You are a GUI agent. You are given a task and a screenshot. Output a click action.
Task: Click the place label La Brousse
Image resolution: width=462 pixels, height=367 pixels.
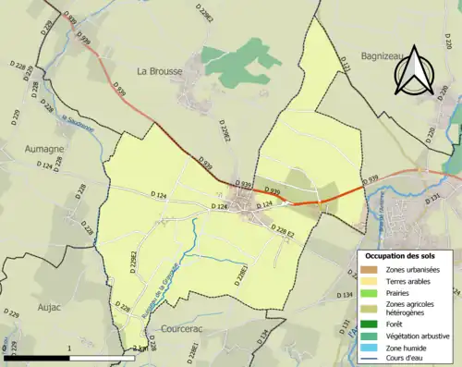160,70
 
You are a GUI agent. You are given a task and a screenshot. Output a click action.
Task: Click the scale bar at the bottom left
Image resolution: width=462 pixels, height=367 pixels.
74,356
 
